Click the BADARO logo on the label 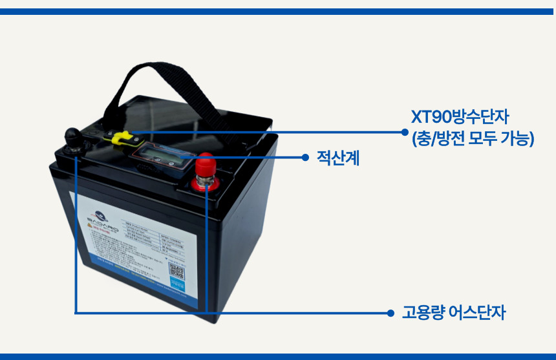[x=101, y=220]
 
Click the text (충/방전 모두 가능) [x=473, y=138]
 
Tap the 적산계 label [x=337, y=158]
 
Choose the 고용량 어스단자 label [x=453, y=313]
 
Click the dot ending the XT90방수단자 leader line [x=405, y=131]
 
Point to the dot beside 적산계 [x=306, y=157]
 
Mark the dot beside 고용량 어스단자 [x=390, y=313]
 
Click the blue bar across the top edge [x=278, y=11]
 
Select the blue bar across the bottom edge [x=278, y=356]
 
